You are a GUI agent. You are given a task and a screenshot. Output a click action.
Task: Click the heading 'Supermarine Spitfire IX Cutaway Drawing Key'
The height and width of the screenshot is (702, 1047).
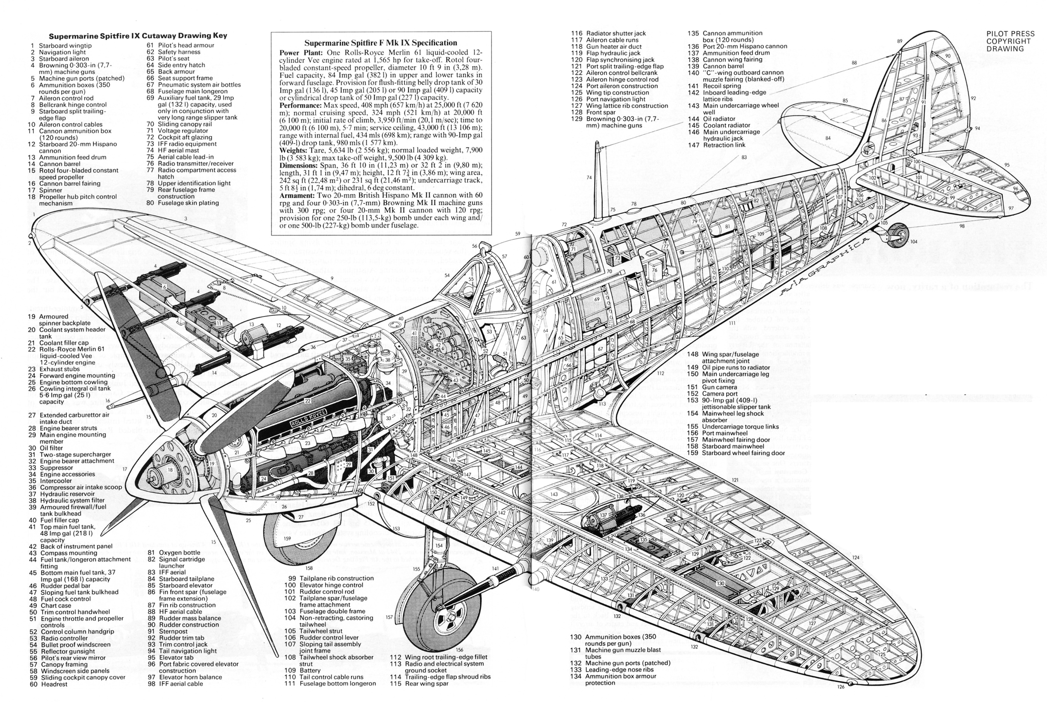pos(138,36)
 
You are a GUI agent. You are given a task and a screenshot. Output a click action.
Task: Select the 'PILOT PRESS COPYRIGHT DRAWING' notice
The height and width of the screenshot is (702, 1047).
pos(1010,41)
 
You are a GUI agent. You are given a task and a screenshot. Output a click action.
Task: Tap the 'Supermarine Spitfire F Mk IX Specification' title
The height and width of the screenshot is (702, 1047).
pos(380,43)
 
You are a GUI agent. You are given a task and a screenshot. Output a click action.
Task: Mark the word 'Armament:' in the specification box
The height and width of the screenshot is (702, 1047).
pos(297,195)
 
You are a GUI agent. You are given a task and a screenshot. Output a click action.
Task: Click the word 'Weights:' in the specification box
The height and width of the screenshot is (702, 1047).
pos(294,150)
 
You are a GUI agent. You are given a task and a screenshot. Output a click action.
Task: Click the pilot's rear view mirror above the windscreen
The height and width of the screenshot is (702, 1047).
pos(484,246)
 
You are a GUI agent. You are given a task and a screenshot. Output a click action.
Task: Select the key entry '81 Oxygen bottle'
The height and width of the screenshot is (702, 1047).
pos(174,553)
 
